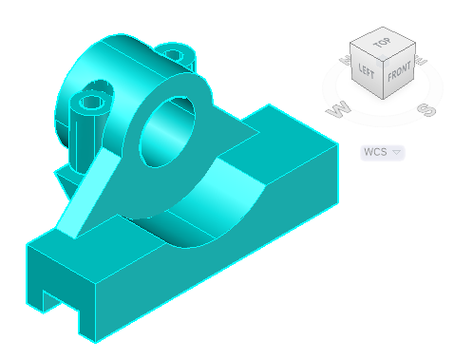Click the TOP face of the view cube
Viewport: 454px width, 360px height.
382,45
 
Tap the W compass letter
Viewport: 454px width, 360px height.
335,110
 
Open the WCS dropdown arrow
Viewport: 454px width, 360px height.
397,152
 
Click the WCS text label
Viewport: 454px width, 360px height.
377,152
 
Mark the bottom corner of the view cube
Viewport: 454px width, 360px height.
383,100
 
